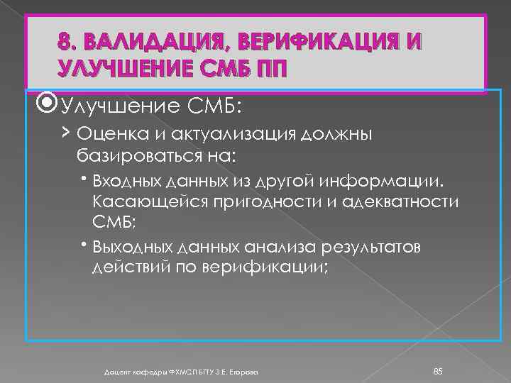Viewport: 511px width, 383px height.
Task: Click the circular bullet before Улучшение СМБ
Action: point(49,107)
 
